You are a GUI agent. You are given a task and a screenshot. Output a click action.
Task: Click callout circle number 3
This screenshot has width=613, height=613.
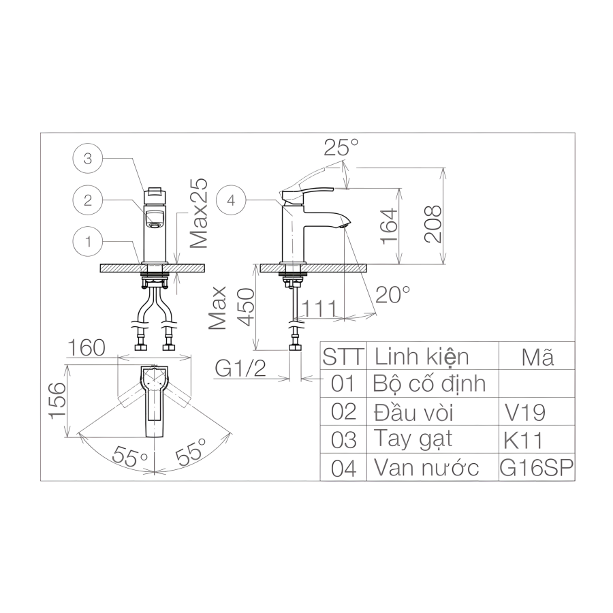coord(88,158)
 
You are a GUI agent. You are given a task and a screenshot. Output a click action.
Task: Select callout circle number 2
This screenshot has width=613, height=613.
coord(88,200)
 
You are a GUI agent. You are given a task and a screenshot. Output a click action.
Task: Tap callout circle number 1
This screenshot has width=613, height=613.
coord(88,241)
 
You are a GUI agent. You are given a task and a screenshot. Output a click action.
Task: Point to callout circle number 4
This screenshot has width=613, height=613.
coord(231,200)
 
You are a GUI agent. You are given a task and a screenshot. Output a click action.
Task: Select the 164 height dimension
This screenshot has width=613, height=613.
coord(390,227)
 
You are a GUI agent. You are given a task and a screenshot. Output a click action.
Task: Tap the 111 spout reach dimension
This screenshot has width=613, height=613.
coord(319,309)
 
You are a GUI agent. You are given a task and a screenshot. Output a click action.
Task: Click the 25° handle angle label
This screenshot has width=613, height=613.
coord(341,147)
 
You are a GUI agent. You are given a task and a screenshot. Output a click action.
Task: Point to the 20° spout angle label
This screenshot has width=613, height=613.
coord(392,294)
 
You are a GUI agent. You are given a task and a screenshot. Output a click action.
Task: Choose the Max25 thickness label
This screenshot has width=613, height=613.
coord(199,213)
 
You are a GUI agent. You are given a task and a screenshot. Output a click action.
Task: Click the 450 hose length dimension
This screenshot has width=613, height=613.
coord(247,307)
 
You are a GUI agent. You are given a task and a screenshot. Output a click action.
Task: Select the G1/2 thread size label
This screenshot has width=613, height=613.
coord(240,368)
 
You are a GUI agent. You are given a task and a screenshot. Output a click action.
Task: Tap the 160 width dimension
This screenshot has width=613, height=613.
coord(87,347)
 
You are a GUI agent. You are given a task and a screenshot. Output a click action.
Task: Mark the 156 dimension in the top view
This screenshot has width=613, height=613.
coord(57,401)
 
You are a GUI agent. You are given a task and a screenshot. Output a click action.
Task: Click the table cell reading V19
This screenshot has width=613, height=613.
coord(525,412)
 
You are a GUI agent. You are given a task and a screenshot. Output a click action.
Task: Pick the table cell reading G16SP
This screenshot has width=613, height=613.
coord(537,467)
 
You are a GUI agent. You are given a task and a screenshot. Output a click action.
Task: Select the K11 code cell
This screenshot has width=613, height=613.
coord(524,440)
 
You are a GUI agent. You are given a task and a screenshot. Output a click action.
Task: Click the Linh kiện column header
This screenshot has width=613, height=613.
coord(422,356)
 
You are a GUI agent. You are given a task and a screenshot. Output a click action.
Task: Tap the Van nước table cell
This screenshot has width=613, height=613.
coord(426,467)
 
